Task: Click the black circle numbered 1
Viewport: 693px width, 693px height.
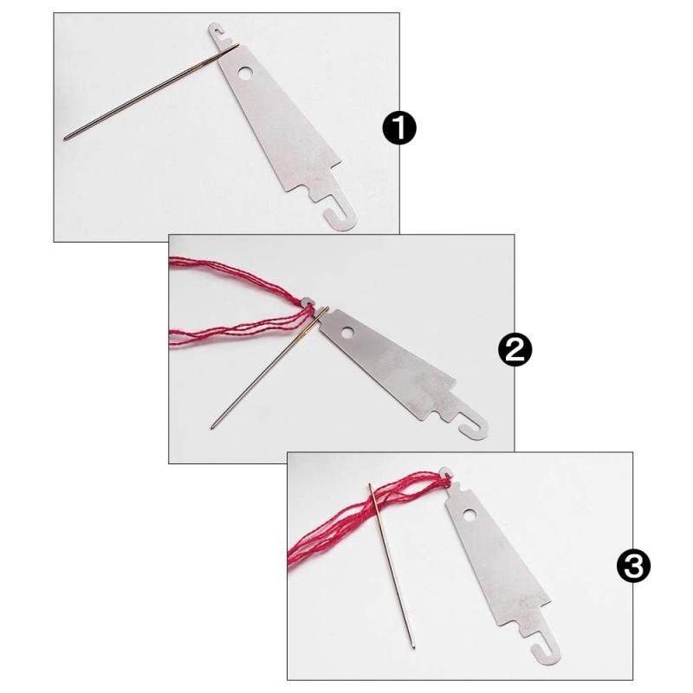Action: (x=399, y=127)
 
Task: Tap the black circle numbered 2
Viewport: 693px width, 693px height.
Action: (x=515, y=349)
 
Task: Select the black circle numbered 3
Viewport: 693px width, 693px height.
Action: (x=634, y=566)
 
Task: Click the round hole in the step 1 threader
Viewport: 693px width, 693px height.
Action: (x=244, y=73)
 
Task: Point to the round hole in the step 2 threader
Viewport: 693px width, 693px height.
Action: (x=348, y=332)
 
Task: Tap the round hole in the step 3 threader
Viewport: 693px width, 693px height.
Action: (x=470, y=515)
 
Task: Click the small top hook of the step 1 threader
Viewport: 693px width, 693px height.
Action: (x=216, y=30)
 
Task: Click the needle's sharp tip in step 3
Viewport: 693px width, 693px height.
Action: (x=413, y=647)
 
